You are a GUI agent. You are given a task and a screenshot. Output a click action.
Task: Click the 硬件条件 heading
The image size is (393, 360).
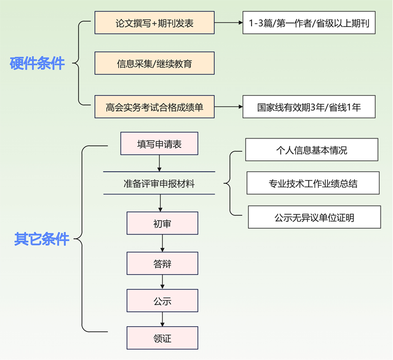(x=38, y=64)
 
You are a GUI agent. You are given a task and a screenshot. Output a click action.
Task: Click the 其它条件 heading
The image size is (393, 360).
(x=42, y=239)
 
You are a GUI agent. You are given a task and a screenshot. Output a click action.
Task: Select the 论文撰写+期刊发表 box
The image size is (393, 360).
(x=154, y=24)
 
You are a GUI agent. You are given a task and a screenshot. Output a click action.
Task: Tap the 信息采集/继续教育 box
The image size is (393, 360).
(x=154, y=64)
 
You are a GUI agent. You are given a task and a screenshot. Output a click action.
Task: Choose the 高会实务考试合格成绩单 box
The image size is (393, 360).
(x=154, y=107)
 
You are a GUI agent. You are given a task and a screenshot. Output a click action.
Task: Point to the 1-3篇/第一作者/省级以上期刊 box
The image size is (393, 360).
(x=309, y=24)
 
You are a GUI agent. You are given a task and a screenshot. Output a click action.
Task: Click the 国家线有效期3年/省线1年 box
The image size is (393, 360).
(x=309, y=107)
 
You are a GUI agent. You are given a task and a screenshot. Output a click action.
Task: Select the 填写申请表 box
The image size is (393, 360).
(x=159, y=144)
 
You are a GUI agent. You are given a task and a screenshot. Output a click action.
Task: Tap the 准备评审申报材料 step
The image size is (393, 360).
(x=159, y=183)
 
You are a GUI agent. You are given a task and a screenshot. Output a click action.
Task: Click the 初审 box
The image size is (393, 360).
(x=162, y=223)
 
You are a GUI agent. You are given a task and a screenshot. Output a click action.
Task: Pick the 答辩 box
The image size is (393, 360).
(x=162, y=264)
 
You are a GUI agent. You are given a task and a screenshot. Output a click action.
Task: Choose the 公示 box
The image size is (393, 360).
(x=162, y=301)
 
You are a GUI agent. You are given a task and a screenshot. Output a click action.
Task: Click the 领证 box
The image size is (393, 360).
(x=162, y=338)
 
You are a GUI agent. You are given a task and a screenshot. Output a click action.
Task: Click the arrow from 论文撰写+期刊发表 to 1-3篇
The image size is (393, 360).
(x=229, y=24)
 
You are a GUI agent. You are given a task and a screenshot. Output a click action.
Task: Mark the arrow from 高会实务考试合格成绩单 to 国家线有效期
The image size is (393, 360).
(x=228, y=107)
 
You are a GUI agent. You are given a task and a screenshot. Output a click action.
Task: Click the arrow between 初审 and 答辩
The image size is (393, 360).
(x=162, y=243)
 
